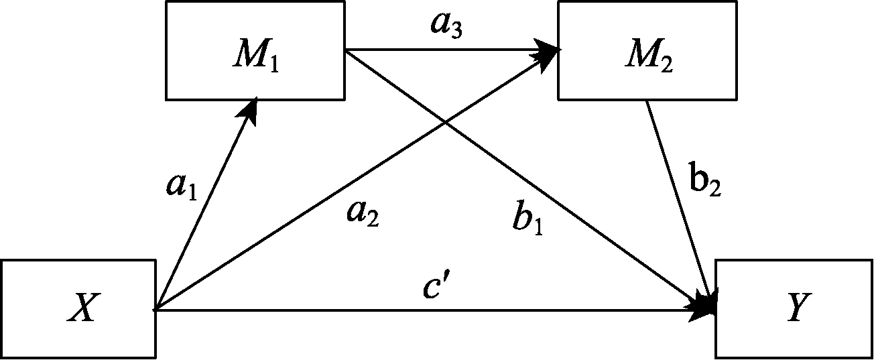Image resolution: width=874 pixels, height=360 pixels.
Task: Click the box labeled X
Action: pos(78,310)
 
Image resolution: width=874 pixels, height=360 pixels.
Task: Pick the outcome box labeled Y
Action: pos(794,310)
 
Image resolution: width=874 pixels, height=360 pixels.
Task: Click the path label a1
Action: pos(182,188)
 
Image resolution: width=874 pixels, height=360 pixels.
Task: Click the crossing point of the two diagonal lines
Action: pos(445,121)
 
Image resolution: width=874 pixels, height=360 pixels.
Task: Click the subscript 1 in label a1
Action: pos(191,194)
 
